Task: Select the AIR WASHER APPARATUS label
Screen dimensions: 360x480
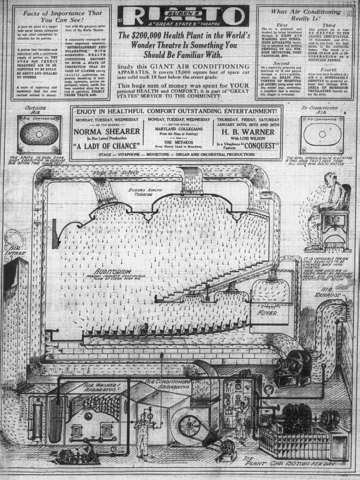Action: coord(100,388)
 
